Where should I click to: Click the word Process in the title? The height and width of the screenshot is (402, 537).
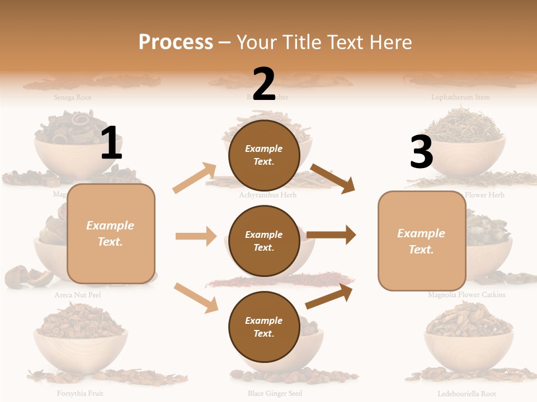click(x=176, y=42)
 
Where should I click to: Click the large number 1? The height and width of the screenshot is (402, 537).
click(x=111, y=143)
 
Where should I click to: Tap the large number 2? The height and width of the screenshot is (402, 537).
click(x=264, y=84)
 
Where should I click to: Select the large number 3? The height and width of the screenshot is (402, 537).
click(x=421, y=152)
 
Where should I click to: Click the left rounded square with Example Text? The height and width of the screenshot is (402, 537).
click(x=111, y=233)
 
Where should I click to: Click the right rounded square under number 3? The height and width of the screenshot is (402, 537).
click(x=422, y=241)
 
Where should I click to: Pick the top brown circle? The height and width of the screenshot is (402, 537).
click(x=264, y=155)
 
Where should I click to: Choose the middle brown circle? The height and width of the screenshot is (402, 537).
click(x=264, y=241)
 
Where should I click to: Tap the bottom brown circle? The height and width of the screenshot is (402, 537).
click(x=264, y=327)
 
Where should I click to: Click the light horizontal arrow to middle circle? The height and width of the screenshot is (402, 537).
click(x=196, y=236)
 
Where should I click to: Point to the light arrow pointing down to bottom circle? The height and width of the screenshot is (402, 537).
click(x=196, y=298)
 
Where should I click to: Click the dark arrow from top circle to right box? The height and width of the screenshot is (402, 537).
click(x=333, y=178)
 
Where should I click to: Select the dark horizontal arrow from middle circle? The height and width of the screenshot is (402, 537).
click(x=331, y=235)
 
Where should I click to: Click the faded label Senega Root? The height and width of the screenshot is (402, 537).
click(x=73, y=97)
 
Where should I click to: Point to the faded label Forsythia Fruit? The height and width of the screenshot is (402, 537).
click(x=79, y=393)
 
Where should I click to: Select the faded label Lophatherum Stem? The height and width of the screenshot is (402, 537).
click(x=460, y=97)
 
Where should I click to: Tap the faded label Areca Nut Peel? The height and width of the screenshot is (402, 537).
click(x=78, y=294)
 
